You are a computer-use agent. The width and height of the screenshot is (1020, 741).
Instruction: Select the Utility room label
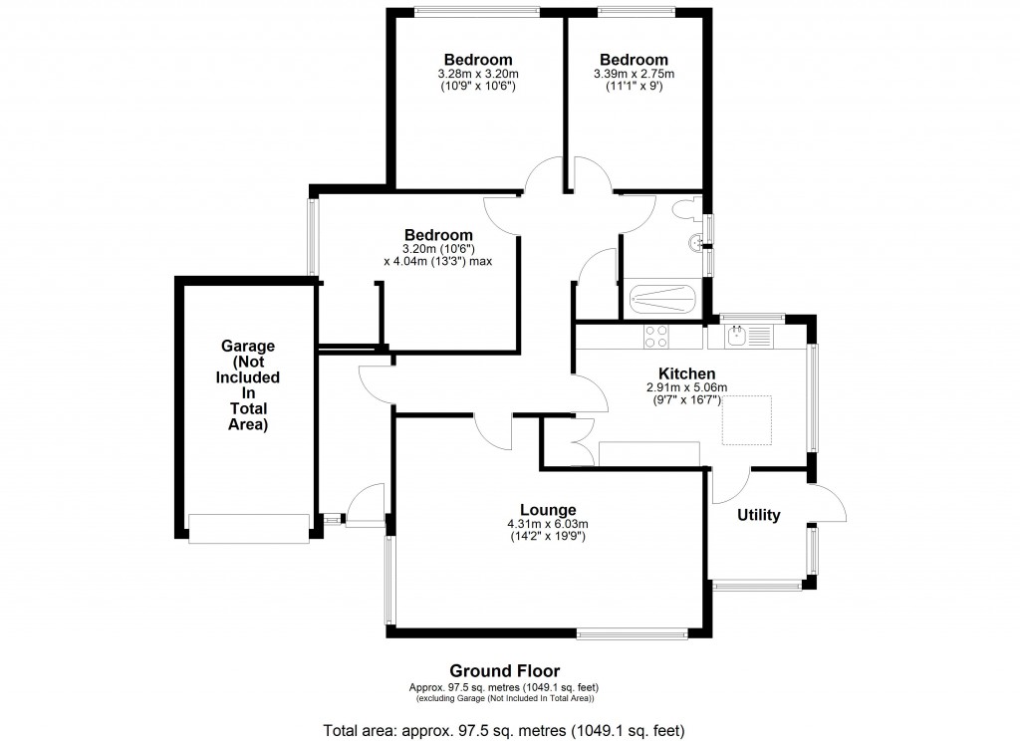tap(758, 515)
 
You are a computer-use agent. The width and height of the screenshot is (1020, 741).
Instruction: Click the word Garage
tap(247, 346)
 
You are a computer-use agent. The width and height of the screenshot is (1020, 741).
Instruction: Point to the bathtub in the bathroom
tap(662, 299)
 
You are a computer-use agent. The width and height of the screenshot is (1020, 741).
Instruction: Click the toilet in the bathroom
tap(686, 210)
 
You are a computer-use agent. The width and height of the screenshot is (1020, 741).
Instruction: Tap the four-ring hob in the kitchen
tap(656, 337)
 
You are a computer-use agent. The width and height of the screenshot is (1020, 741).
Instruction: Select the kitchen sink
tap(738, 337)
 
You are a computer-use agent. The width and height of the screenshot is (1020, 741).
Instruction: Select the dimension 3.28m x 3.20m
tap(478, 74)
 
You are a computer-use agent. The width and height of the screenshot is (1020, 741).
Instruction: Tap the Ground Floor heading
tap(503, 670)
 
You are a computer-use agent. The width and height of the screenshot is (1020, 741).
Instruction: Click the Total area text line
tap(503, 731)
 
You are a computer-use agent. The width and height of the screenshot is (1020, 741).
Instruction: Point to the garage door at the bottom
tap(249, 528)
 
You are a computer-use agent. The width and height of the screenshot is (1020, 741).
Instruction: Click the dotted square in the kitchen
tap(747, 419)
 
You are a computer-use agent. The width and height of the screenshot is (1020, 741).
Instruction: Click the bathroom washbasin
tap(693, 242)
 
